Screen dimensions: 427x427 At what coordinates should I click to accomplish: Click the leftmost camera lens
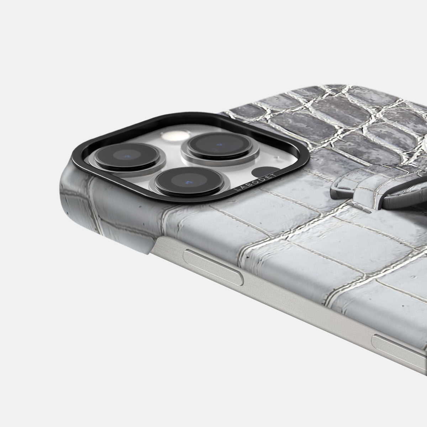(x=127, y=156)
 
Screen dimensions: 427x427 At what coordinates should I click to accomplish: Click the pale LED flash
(x=176, y=135)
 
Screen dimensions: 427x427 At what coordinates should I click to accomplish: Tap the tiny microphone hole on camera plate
(x=276, y=158)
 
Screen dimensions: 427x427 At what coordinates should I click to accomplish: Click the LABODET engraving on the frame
(x=255, y=181)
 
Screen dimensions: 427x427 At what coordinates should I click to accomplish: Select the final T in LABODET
(x=275, y=174)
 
